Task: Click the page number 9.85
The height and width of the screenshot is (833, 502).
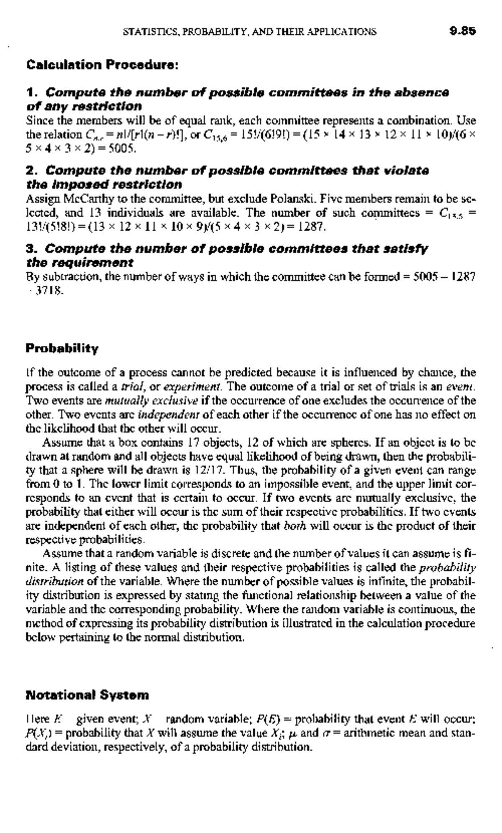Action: (463, 31)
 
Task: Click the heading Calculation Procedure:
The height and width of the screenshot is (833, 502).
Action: (102, 65)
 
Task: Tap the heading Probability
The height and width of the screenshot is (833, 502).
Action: (62, 348)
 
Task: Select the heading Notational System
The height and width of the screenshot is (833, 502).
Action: (87, 695)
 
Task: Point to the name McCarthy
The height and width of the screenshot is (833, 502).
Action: (82, 199)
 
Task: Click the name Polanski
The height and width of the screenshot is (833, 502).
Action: (290, 199)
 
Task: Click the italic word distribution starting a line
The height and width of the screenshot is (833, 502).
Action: (55, 581)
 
